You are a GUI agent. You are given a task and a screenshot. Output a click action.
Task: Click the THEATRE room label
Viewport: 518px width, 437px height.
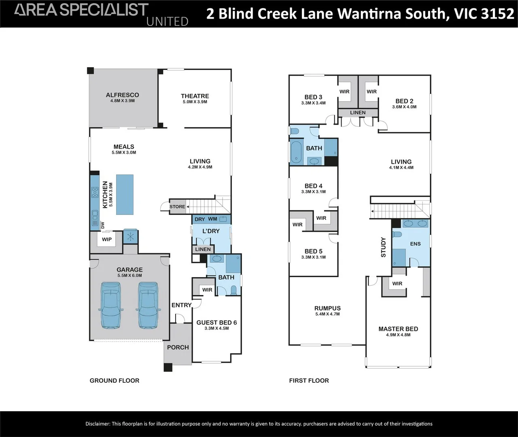tap(195, 96)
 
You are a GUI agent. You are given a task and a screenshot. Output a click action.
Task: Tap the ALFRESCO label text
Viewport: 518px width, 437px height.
tap(122, 95)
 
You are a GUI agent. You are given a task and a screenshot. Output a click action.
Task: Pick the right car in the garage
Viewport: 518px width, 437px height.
tap(148, 305)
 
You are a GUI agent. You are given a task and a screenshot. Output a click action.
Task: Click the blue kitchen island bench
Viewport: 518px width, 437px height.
tap(125, 195)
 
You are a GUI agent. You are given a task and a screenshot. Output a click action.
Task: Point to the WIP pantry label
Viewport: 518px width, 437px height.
tap(107, 240)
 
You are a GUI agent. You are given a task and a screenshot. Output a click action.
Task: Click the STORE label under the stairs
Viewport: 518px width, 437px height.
tap(177, 207)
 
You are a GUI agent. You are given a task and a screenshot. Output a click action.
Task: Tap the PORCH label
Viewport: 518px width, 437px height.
tap(178, 347)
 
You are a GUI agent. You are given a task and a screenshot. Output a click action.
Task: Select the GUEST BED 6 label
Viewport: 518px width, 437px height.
tap(217, 322)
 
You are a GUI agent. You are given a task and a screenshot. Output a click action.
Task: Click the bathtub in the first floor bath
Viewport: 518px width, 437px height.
tap(296, 153)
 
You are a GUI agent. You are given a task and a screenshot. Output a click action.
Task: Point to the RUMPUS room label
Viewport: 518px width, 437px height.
tap(327, 308)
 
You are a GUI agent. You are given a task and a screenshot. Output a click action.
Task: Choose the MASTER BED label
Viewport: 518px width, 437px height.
tap(398, 329)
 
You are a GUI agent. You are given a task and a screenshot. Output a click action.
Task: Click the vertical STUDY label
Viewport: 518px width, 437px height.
tap(383, 247)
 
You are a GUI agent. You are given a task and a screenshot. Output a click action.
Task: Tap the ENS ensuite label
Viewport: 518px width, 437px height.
tap(415, 244)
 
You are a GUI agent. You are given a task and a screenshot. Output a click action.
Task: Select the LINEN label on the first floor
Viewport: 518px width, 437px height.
tap(358, 113)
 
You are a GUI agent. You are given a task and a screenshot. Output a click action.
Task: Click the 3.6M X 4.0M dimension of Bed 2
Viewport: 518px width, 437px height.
tap(404, 107)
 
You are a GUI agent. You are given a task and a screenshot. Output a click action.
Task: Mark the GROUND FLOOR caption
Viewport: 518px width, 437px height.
tap(115, 381)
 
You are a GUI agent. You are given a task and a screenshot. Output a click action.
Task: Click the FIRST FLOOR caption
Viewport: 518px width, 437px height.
tap(309, 381)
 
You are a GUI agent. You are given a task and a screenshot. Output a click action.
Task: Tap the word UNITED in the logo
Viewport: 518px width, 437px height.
tap(167, 21)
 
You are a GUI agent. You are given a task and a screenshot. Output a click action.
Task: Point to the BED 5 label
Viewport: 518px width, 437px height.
tap(313, 251)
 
